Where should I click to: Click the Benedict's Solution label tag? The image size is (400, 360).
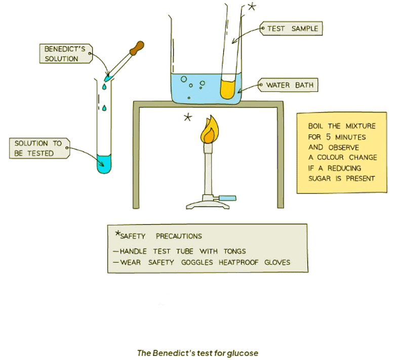click(65, 54)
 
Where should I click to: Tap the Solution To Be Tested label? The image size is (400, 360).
click(38, 148)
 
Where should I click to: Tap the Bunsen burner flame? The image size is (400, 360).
click(209, 131)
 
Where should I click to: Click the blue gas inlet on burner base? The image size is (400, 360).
click(228, 197)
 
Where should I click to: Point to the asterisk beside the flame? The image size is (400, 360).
click(188, 117)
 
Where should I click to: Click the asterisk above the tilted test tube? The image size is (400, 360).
click(252, 7)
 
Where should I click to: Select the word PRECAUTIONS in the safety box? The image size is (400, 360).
click(179, 236)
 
